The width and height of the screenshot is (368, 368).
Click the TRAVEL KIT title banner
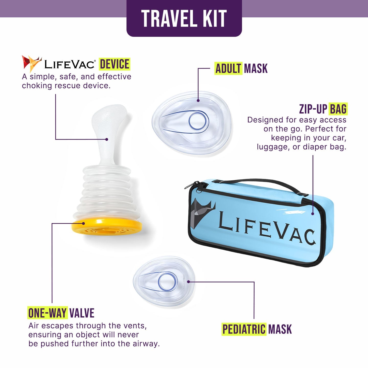point(184,18)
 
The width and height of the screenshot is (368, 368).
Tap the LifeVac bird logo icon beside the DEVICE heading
point(31,63)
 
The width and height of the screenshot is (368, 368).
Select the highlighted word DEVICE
point(114,64)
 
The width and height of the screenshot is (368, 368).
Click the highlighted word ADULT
point(228,68)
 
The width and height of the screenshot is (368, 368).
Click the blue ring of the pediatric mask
point(167,282)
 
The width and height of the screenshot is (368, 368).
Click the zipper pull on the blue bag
point(194,185)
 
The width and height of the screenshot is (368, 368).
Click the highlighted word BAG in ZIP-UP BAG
point(338,109)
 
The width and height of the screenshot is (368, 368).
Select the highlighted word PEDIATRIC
point(244,329)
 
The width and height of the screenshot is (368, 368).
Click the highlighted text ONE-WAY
point(48,313)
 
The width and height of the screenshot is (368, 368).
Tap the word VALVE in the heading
point(82,313)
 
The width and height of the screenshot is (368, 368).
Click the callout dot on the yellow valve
point(84,223)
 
